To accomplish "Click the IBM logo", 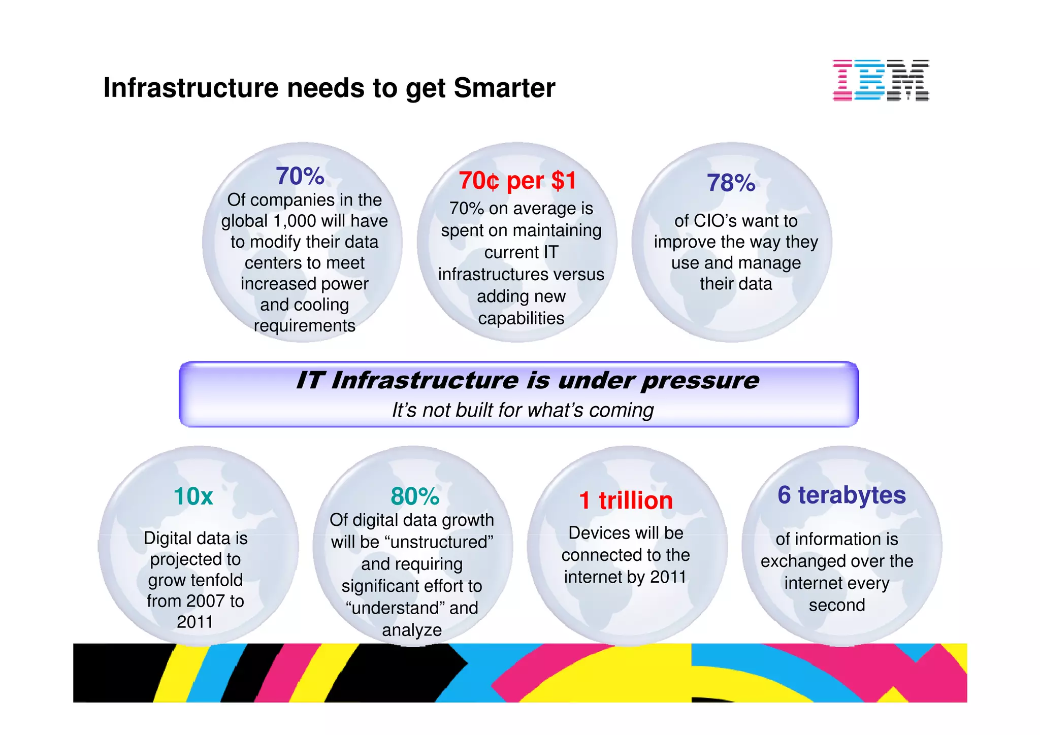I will [x=881, y=80].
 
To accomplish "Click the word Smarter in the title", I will [x=504, y=88].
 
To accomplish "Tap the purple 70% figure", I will [x=300, y=176].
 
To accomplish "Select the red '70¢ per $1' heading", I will [x=517, y=181].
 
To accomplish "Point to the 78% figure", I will [x=731, y=183].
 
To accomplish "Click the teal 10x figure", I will [x=193, y=496].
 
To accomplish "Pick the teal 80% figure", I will [x=414, y=496].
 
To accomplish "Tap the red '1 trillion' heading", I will [x=626, y=500].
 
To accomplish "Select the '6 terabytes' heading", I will [x=841, y=495].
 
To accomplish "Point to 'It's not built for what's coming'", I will [x=523, y=410].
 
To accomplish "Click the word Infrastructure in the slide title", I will [x=191, y=88].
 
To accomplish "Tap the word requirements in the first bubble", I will [x=304, y=325].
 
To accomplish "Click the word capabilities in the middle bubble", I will [x=521, y=318].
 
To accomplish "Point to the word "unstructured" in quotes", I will [x=439, y=542].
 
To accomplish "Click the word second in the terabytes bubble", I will [x=836, y=605].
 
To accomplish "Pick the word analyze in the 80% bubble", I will [x=412, y=630].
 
